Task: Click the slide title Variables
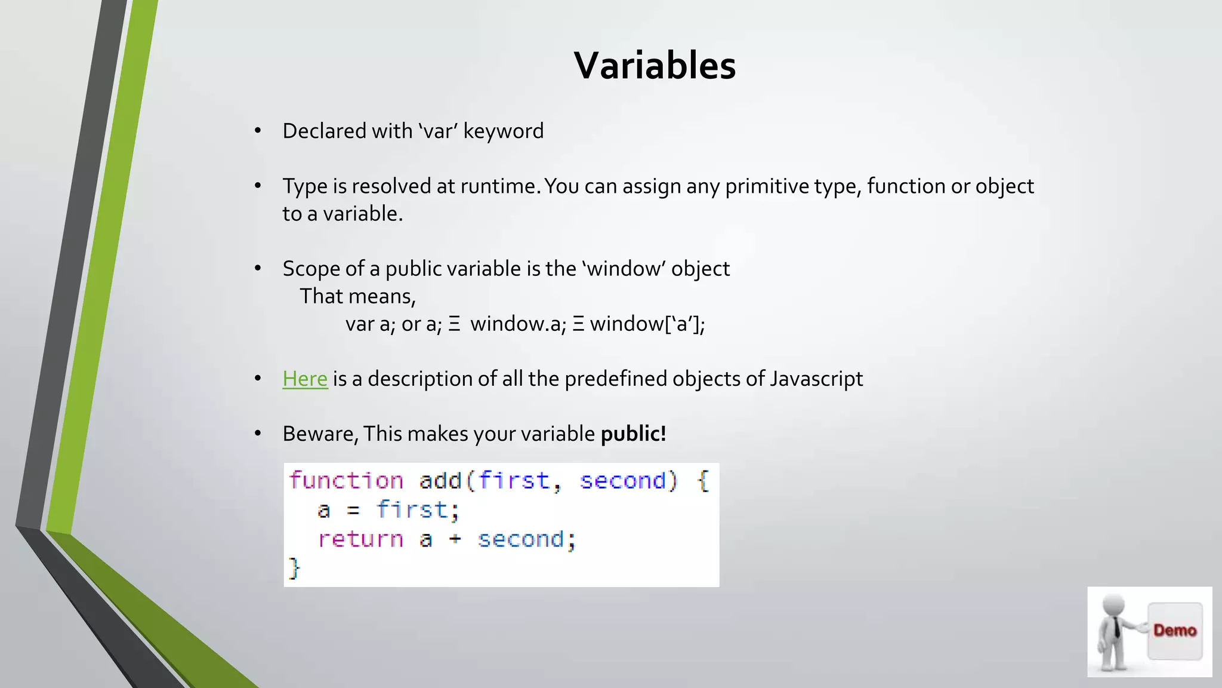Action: (x=655, y=65)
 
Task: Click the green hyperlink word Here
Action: (x=305, y=379)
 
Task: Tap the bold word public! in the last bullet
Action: (x=633, y=434)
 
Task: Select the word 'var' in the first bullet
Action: (x=437, y=131)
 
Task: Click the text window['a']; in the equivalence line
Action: (x=647, y=324)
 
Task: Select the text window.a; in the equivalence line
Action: (x=518, y=324)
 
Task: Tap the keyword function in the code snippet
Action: (x=346, y=481)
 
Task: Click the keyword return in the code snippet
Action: (x=360, y=539)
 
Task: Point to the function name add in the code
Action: (x=440, y=481)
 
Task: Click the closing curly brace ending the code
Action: (x=294, y=567)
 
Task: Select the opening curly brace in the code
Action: (x=703, y=481)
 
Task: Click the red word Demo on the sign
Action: (x=1174, y=630)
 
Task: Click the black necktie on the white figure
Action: (x=1116, y=627)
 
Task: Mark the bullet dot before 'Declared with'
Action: (x=258, y=131)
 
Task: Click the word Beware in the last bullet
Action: (x=320, y=434)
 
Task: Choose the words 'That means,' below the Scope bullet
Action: (x=357, y=296)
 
